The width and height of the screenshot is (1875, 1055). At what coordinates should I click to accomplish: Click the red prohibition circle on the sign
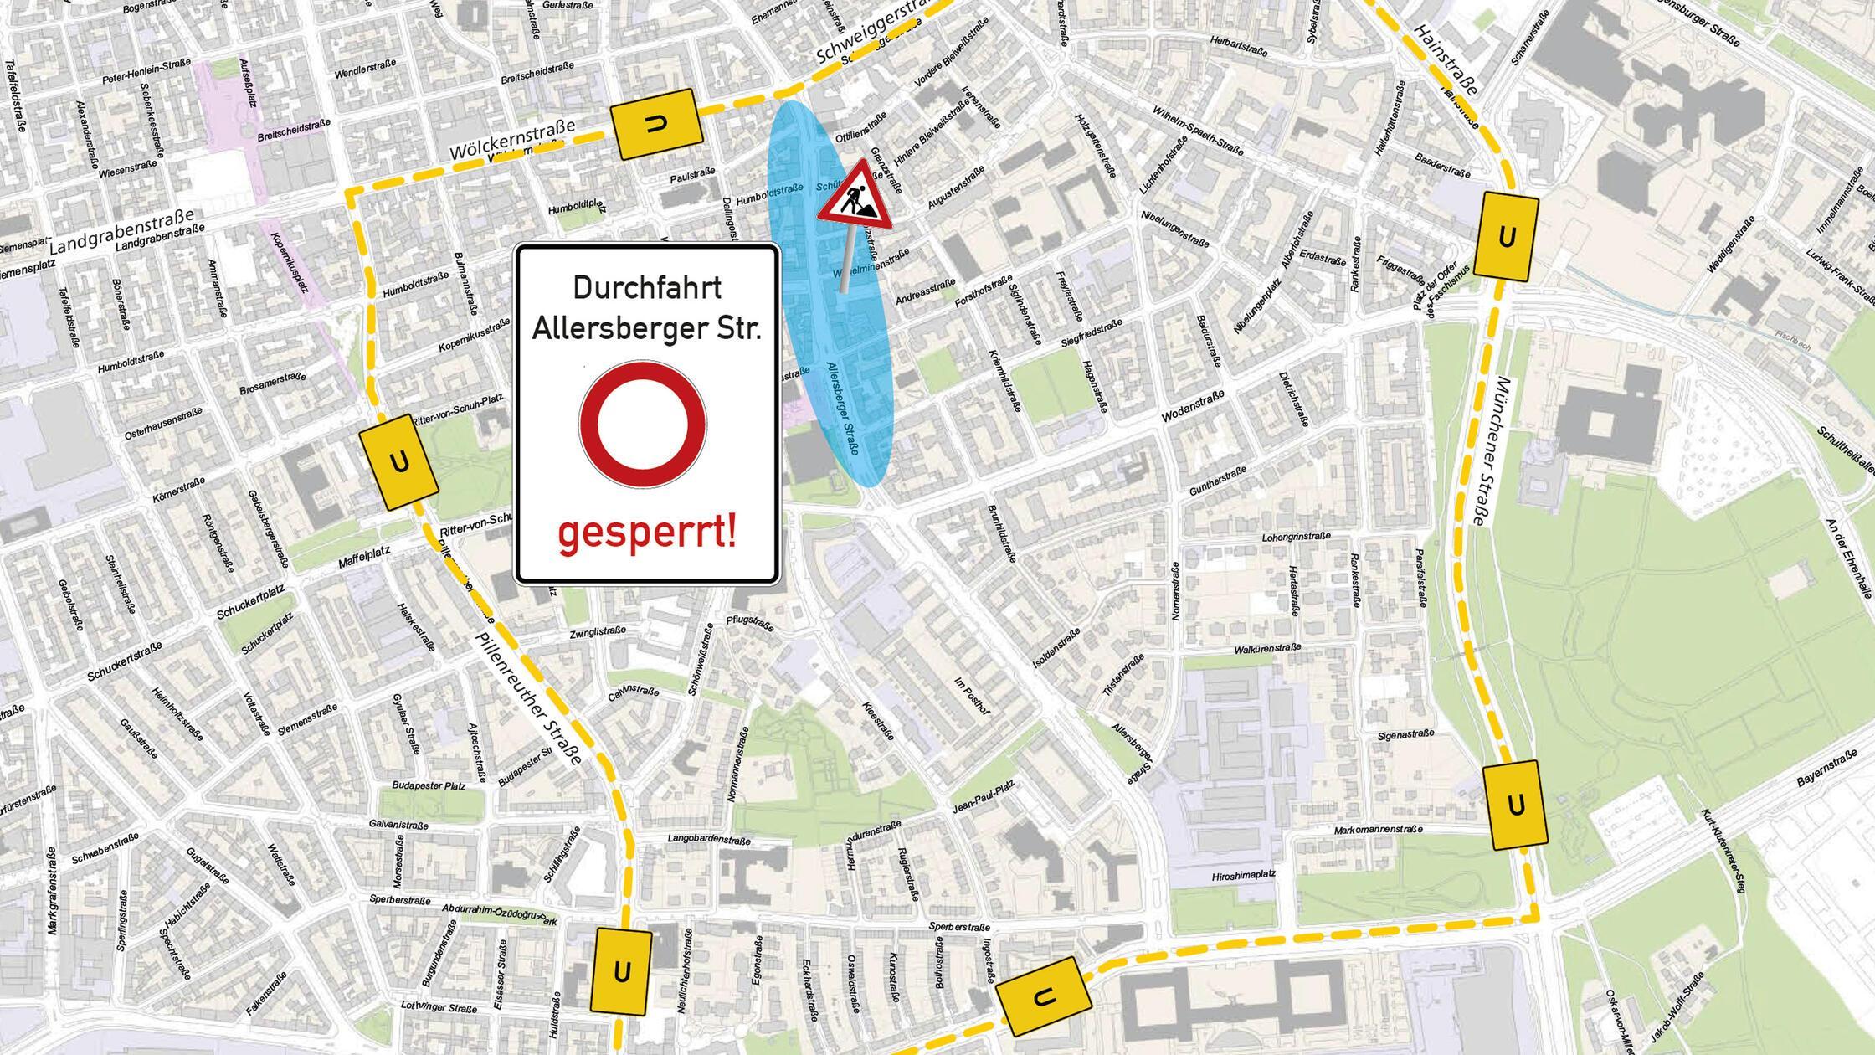643,425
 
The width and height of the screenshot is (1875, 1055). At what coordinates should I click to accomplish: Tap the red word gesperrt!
647,533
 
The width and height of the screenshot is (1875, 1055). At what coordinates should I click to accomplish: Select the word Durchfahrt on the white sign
647,288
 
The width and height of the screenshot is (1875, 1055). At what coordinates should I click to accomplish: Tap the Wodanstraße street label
1193,406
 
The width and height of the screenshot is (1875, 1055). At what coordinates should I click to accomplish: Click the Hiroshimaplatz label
1243,875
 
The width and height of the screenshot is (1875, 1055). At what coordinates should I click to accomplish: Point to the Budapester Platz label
429,786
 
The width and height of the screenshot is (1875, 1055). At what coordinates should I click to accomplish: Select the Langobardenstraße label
709,838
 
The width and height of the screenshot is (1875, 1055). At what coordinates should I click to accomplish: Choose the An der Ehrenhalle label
1851,558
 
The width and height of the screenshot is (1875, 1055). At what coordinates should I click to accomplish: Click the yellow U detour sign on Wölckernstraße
657,124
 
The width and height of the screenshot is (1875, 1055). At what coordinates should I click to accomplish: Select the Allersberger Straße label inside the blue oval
843,408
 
